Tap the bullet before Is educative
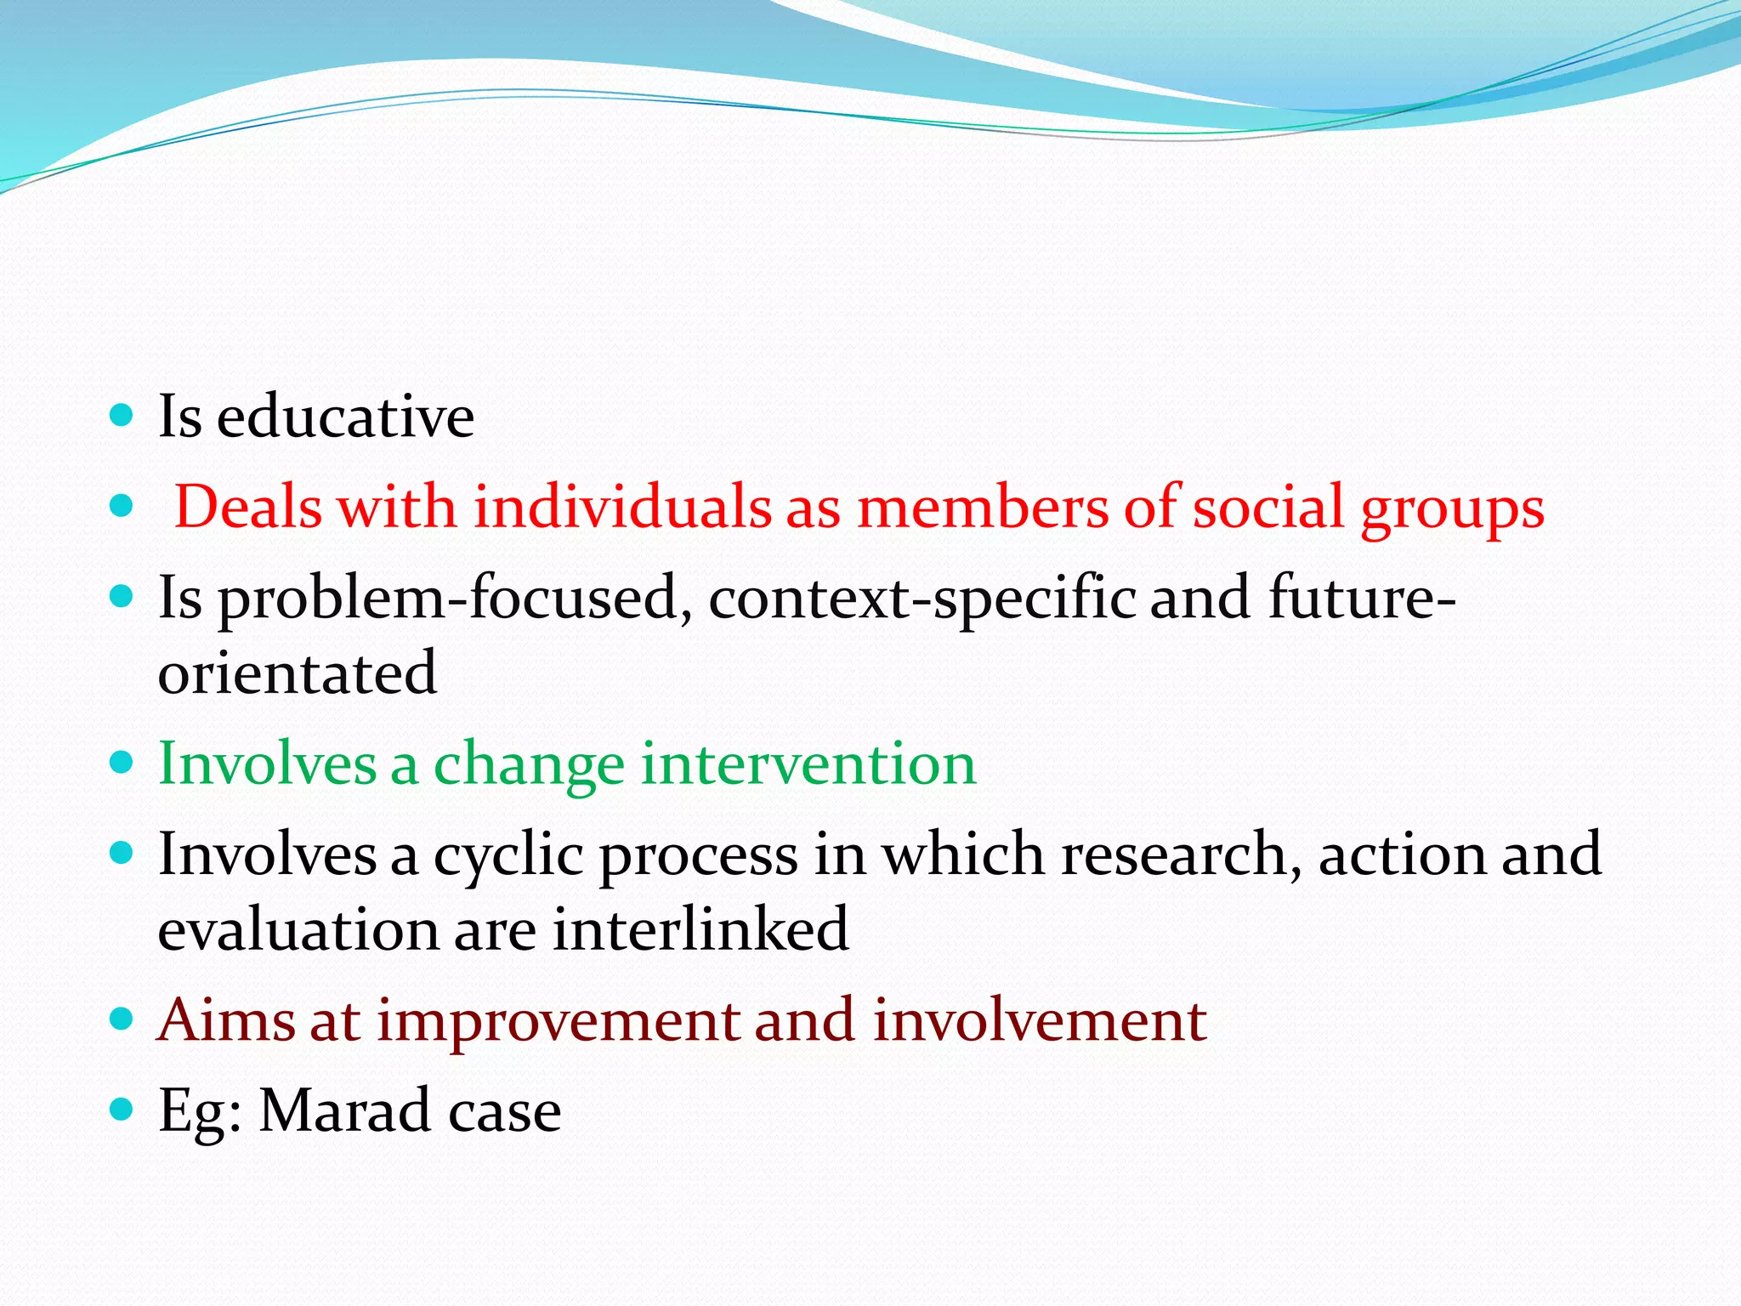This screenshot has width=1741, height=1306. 122,415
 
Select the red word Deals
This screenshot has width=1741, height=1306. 248,508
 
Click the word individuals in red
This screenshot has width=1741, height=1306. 621,508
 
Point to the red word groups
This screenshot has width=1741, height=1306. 1452,510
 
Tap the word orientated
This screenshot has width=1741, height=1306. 298,673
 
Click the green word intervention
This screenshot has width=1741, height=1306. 808,764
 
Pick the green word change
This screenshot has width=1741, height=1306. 529,765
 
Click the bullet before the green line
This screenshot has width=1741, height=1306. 122,762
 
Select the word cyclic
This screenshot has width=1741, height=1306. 508,855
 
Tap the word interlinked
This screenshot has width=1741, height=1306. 700,928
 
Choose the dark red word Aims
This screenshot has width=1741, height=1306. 226,1019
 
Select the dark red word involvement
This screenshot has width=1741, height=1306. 1039,1019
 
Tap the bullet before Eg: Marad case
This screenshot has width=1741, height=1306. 122,1109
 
